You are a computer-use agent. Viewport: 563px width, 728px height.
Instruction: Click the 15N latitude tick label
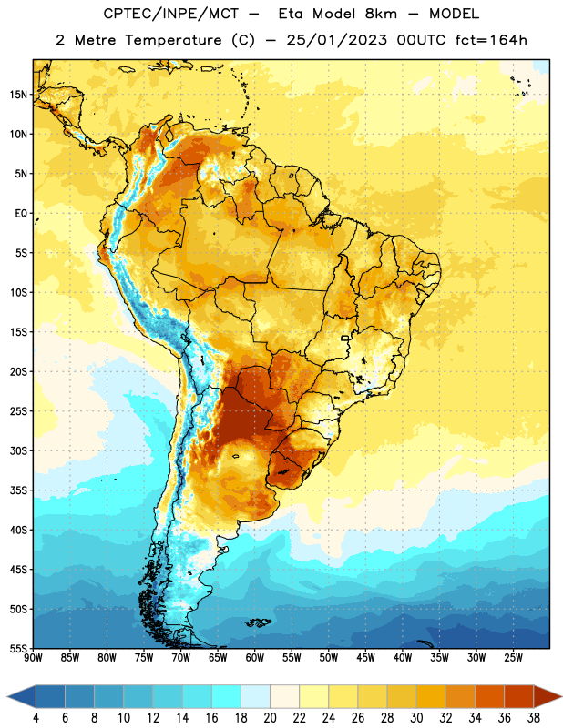18,95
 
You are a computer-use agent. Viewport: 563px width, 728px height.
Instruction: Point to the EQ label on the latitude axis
21,214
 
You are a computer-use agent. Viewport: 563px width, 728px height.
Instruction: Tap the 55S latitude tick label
18,648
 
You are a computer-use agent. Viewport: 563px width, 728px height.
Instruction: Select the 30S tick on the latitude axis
18,450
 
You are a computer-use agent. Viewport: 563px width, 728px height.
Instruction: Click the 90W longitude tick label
33,657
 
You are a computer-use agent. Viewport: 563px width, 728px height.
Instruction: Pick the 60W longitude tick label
255,657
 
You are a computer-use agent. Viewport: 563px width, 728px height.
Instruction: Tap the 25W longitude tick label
513,657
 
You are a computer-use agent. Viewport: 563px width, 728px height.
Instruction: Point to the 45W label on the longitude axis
365,657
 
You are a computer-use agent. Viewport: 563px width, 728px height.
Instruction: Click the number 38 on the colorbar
533,718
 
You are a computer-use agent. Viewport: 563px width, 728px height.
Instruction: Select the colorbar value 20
270,718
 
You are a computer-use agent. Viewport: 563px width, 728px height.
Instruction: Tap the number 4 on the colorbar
36,718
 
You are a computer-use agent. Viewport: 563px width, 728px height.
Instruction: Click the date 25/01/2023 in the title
336,40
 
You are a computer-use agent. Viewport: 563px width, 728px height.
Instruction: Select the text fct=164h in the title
491,40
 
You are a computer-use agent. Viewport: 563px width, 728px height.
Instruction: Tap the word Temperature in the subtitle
173,41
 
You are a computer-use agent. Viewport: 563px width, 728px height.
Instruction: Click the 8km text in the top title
381,14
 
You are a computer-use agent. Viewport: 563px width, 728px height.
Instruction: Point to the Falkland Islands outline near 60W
258,622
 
